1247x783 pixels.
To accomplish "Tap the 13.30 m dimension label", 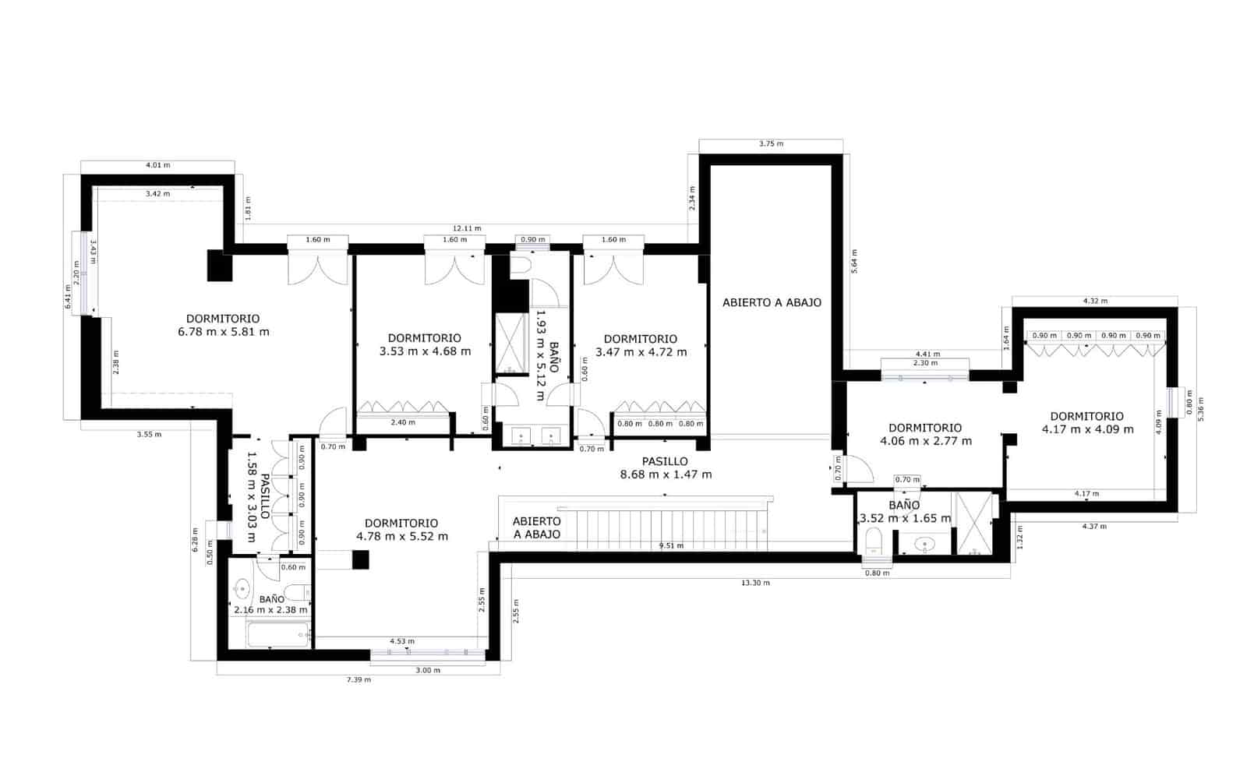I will point(756,583).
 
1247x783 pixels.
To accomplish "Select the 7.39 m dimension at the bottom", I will point(359,679).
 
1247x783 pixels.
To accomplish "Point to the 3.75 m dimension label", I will point(771,144).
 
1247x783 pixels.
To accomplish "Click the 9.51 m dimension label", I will point(671,546).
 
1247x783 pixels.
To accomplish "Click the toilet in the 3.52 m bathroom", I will point(874,540).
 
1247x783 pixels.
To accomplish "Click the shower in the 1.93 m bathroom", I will point(512,343).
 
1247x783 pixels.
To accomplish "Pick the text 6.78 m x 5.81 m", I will point(224,332).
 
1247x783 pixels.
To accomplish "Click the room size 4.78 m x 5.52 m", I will point(401,536).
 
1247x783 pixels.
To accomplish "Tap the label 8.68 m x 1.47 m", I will point(665,474).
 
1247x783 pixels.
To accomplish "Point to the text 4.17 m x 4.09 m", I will point(1087,429).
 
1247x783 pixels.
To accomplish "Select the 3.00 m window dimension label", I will point(427,670).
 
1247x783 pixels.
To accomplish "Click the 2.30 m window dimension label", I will point(924,363).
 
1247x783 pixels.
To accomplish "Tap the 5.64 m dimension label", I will point(854,263).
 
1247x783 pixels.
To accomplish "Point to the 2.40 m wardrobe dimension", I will point(402,422).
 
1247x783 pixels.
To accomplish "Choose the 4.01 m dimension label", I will point(157,165).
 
